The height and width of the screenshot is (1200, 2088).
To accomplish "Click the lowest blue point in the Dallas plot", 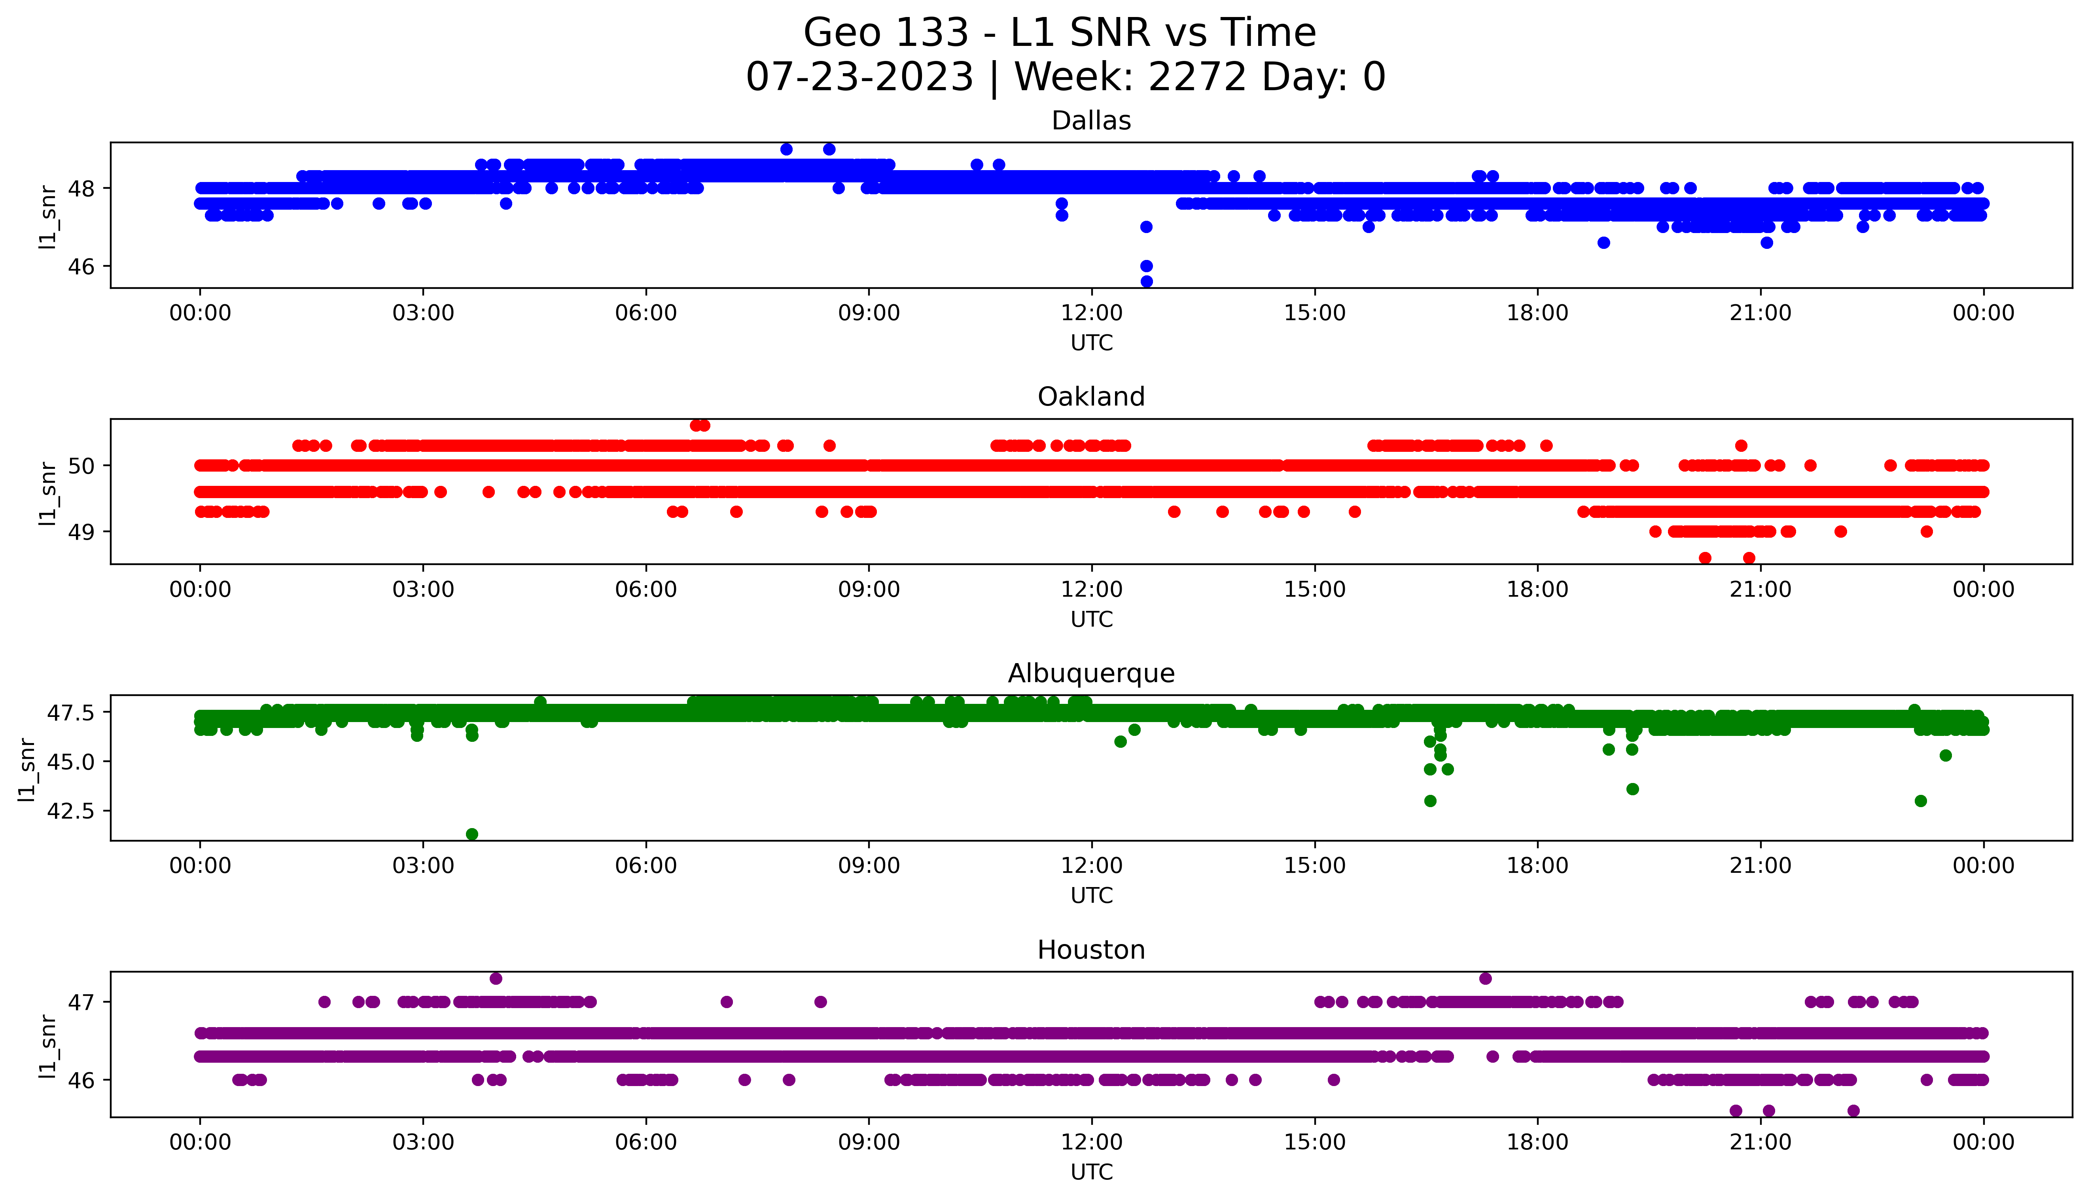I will tap(1146, 281).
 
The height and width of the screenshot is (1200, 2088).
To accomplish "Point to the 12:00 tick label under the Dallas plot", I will tap(1091, 313).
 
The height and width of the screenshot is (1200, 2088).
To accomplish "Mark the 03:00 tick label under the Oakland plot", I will tap(423, 589).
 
